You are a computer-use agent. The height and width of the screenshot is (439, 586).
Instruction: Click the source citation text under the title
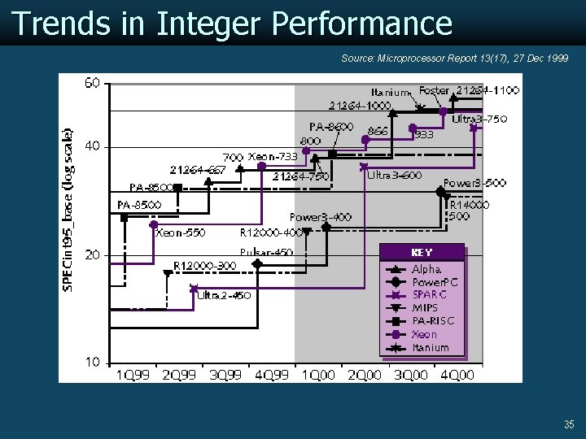pos(454,59)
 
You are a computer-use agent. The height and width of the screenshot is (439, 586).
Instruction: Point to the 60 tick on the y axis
pos(92,83)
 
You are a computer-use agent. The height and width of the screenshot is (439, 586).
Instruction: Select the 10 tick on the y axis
pos(92,362)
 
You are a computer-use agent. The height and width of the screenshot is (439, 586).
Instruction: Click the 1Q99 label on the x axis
pos(132,375)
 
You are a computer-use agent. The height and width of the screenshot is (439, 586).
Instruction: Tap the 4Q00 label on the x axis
pos(457,375)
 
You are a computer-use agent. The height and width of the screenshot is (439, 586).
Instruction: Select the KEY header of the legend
pos(422,253)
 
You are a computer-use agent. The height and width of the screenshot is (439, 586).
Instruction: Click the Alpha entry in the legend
pos(426,269)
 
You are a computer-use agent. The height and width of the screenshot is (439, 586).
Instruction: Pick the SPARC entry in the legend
pos(430,295)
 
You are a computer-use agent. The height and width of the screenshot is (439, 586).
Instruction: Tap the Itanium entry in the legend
pos(431,347)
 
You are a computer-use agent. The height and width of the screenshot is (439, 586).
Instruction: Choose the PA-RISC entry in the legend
pos(433,321)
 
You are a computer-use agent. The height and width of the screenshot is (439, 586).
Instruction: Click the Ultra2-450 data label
pos(224,295)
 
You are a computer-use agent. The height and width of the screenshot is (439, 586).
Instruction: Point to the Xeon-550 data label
pos(180,233)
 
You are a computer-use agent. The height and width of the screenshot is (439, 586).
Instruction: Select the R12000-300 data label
pos(205,266)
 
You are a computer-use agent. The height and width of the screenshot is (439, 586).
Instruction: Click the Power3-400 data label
pos(321,217)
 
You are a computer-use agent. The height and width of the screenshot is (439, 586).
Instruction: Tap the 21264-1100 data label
pos(488,89)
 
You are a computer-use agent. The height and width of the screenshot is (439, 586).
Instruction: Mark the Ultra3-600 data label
pos(395,175)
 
